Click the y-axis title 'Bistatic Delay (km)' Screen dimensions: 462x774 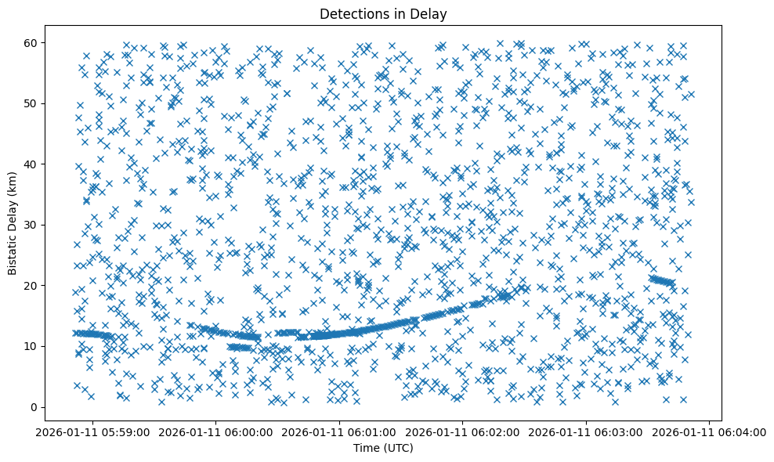coord(13,223)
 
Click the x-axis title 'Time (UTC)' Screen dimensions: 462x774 coord(383,448)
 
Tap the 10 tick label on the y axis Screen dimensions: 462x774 coord(33,346)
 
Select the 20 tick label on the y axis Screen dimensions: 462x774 coord(33,286)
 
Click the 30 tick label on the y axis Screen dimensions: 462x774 coord(33,225)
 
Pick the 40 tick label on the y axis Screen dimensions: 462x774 coord(33,164)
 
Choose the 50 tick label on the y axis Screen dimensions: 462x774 coord(33,103)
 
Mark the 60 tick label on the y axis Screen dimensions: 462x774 coord(33,42)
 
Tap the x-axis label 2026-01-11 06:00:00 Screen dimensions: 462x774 coord(216,432)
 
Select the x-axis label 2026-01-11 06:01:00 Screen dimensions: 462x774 coord(340,432)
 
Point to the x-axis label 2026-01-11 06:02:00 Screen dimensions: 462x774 coord(463,432)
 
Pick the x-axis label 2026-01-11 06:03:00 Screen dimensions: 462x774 coord(587,432)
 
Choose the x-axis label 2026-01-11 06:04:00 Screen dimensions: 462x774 coord(710,432)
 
